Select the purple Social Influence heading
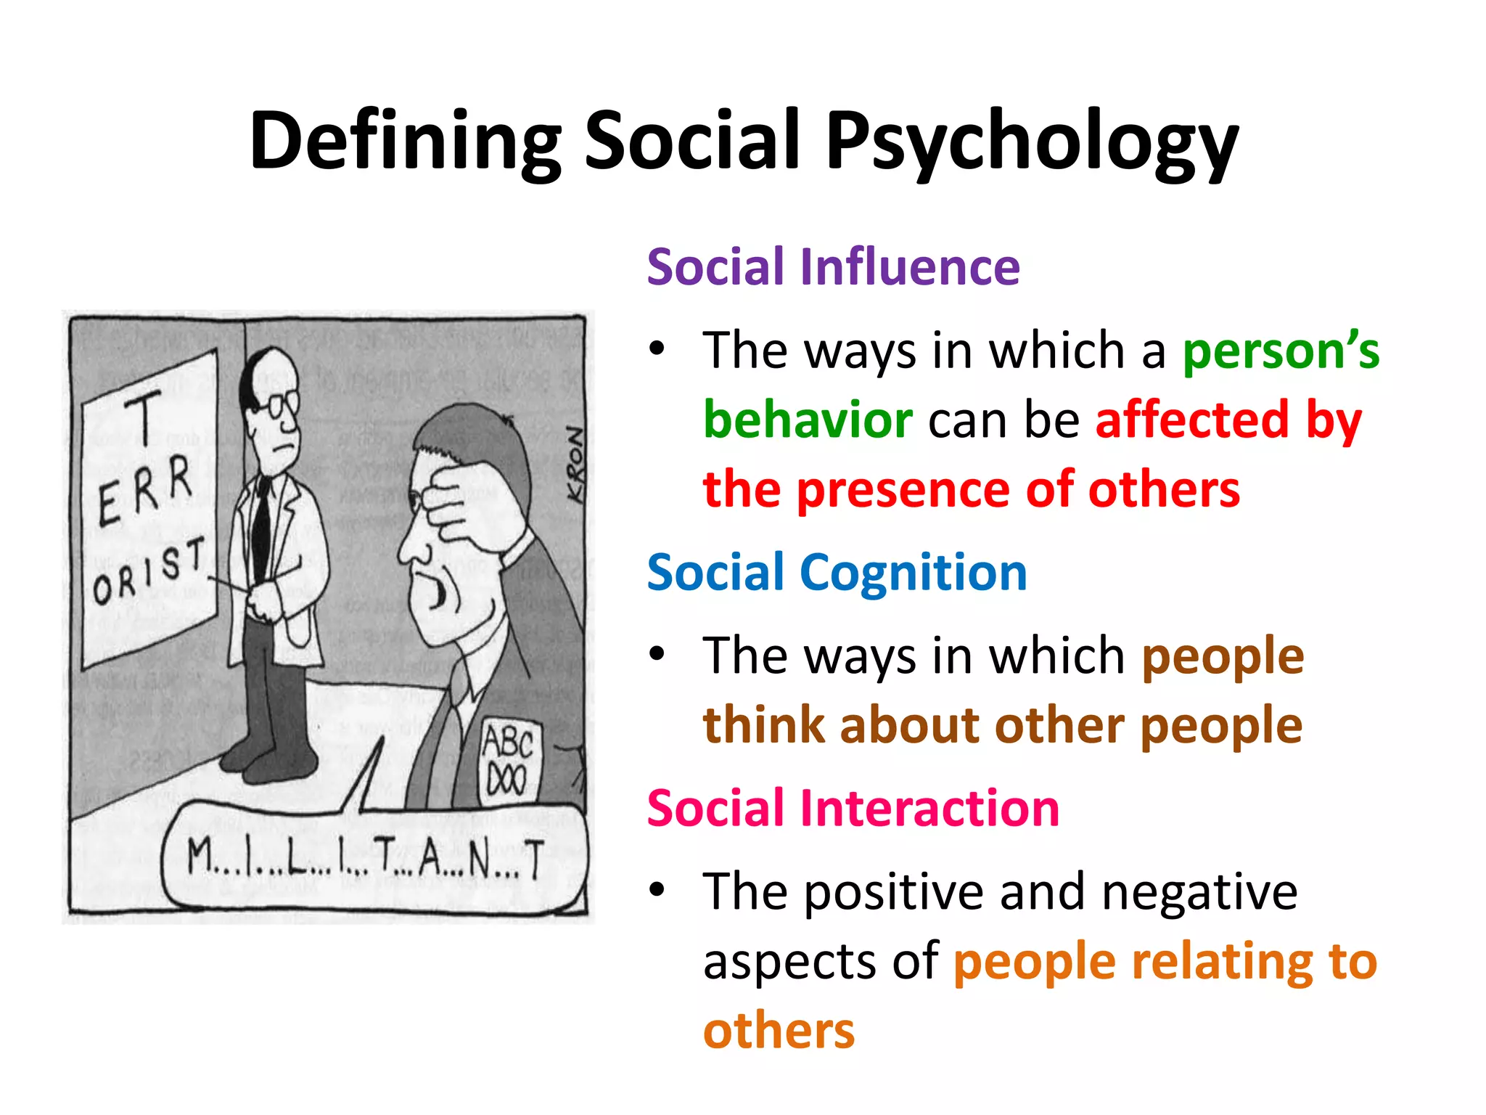point(833,267)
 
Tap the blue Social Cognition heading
point(837,573)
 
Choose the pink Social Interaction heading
point(853,808)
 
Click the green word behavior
point(808,420)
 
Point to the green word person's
point(1281,351)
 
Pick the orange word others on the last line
point(779,1031)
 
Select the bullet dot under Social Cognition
point(657,655)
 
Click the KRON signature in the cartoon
point(575,465)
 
